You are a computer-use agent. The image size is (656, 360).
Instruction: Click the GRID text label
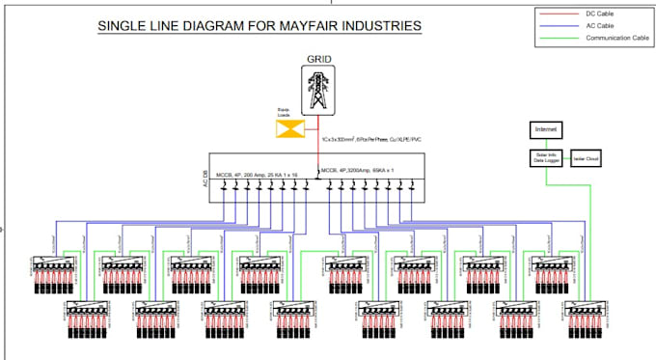319,59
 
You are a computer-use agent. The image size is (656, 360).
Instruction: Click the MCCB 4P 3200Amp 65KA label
358,169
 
